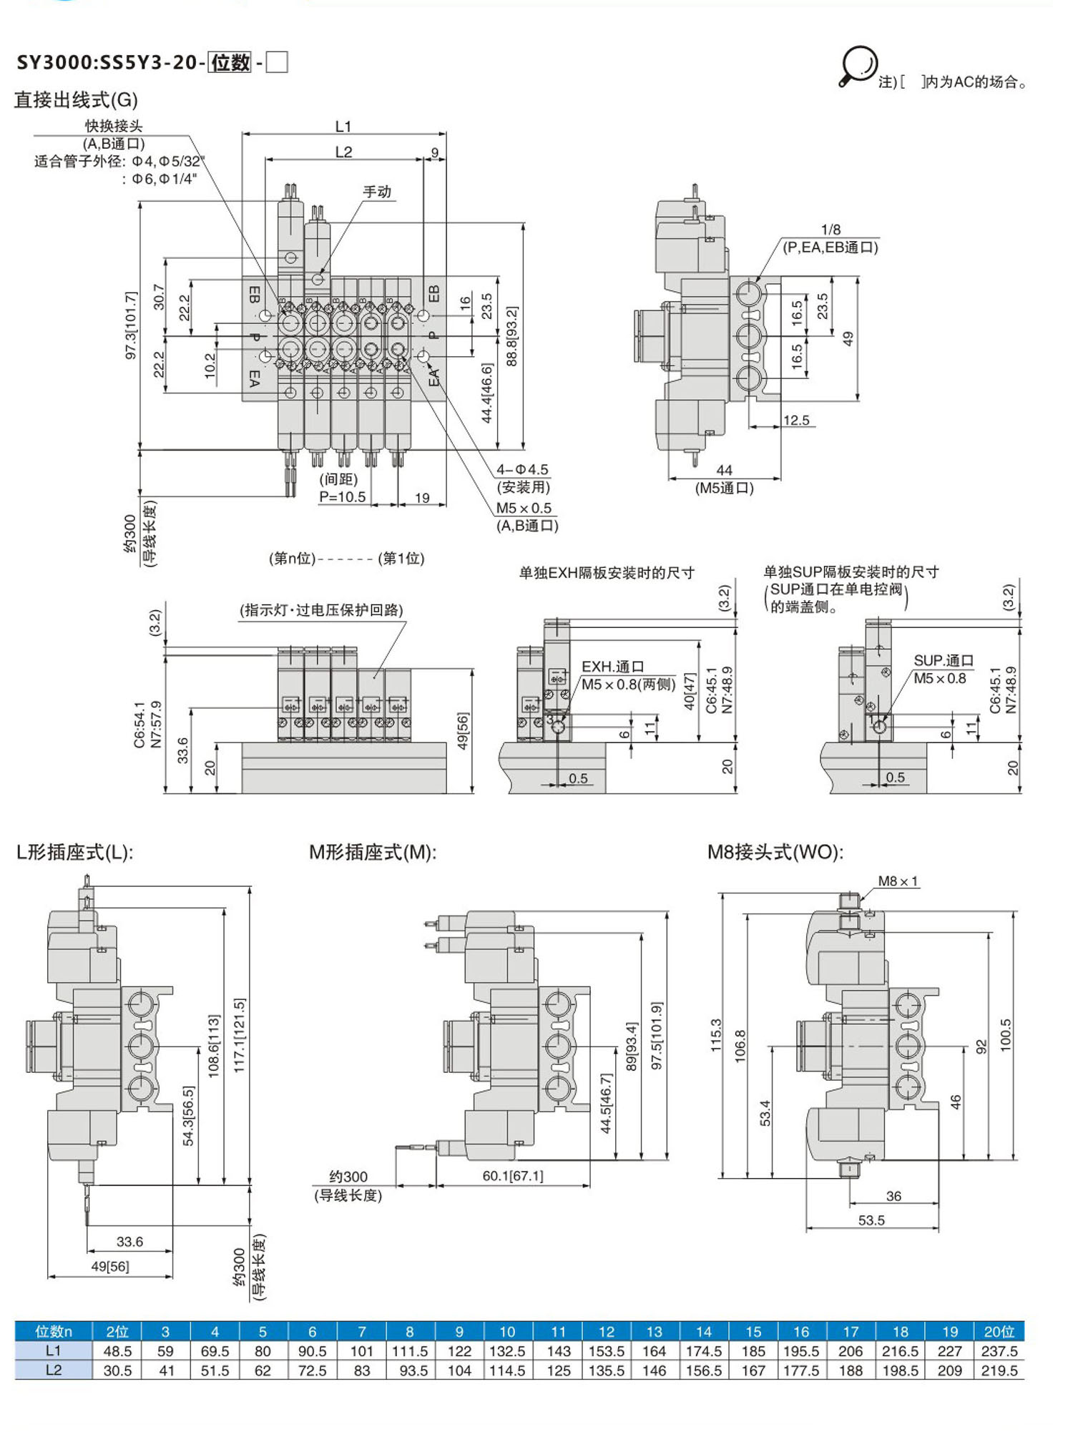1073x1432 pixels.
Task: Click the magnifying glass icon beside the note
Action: [x=858, y=66]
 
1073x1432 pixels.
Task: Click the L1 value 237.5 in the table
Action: [x=999, y=1351]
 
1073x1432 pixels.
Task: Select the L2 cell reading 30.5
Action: [x=117, y=1370]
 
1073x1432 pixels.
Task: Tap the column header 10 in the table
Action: [x=507, y=1332]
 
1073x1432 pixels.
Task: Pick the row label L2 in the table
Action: [x=53, y=1370]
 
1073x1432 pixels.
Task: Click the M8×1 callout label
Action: [x=898, y=881]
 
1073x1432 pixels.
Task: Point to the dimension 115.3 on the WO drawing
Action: [x=716, y=1035]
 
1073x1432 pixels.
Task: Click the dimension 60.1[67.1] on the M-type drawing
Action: [x=512, y=1176]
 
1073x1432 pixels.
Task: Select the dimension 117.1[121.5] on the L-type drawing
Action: [x=240, y=1035]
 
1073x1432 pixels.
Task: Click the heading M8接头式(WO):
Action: [x=775, y=852]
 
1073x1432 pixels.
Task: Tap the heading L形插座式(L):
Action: [x=74, y=852]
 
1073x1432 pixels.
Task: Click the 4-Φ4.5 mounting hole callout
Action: [x=522, y=470]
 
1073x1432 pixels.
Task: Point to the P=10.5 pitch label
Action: [x=342, y=497]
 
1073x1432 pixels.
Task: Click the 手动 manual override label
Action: [x=377, y=192]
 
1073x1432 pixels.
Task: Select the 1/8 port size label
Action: [x=831, y=230]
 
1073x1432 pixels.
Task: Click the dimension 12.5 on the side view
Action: [x=796, y=421]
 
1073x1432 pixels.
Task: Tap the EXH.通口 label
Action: [x=612, y=667]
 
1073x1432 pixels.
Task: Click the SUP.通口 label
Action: [x=944, y=660]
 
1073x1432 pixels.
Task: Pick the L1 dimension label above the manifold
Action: [x=343, y=127]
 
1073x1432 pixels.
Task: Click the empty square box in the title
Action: [x=277, y=63]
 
